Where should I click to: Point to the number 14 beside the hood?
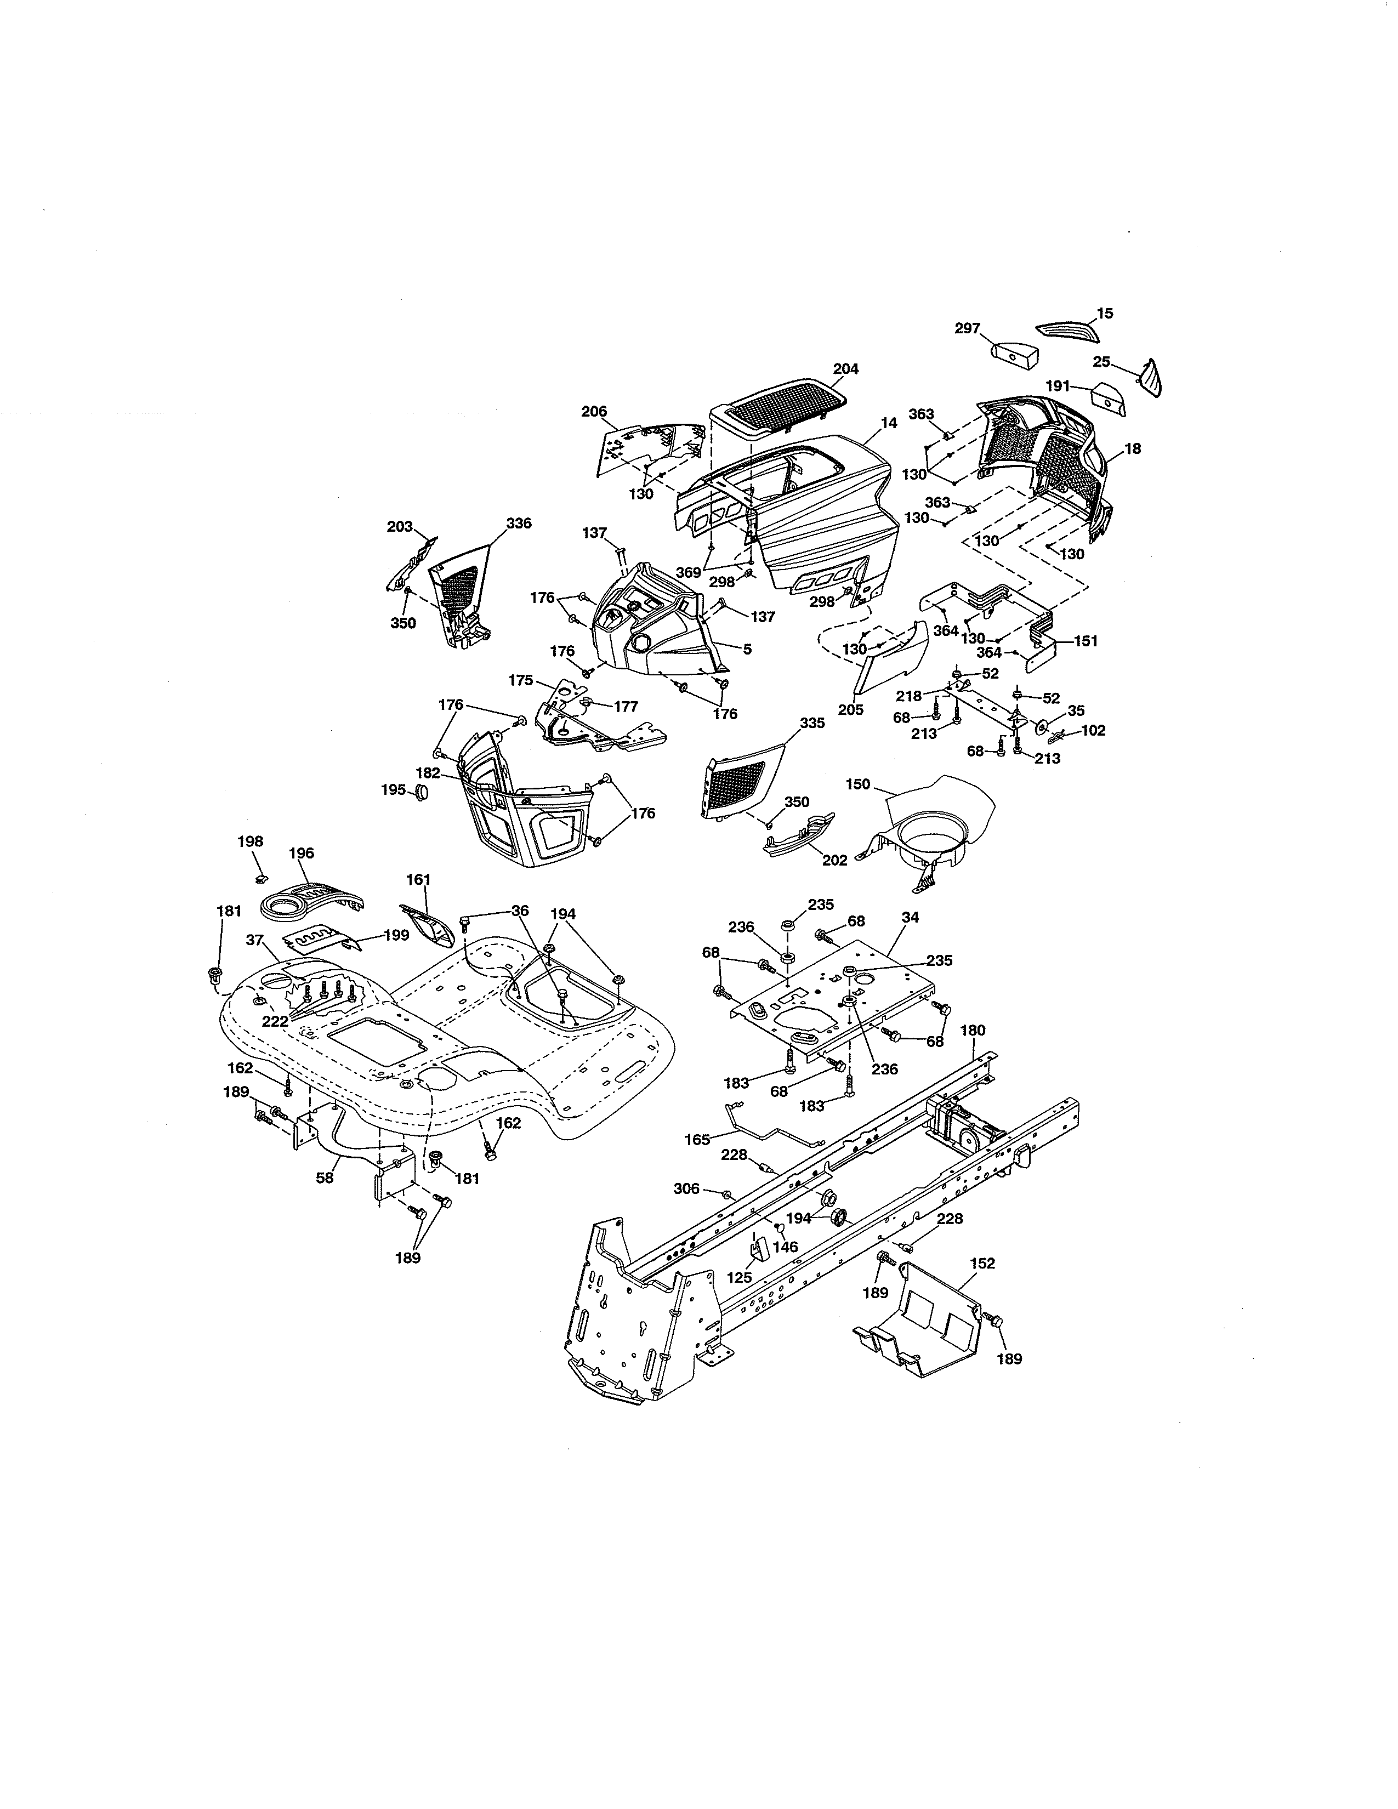click(889, 423)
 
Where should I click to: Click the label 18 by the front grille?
click(1133, 448)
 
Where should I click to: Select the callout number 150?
click(858, 783)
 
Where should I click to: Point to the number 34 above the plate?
click(910, 918)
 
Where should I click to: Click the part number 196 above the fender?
click(302, 853)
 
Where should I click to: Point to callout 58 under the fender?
click(325, 1177)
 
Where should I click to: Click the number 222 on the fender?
click(275, 1021)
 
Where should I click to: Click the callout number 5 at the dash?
click(747, 650)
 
